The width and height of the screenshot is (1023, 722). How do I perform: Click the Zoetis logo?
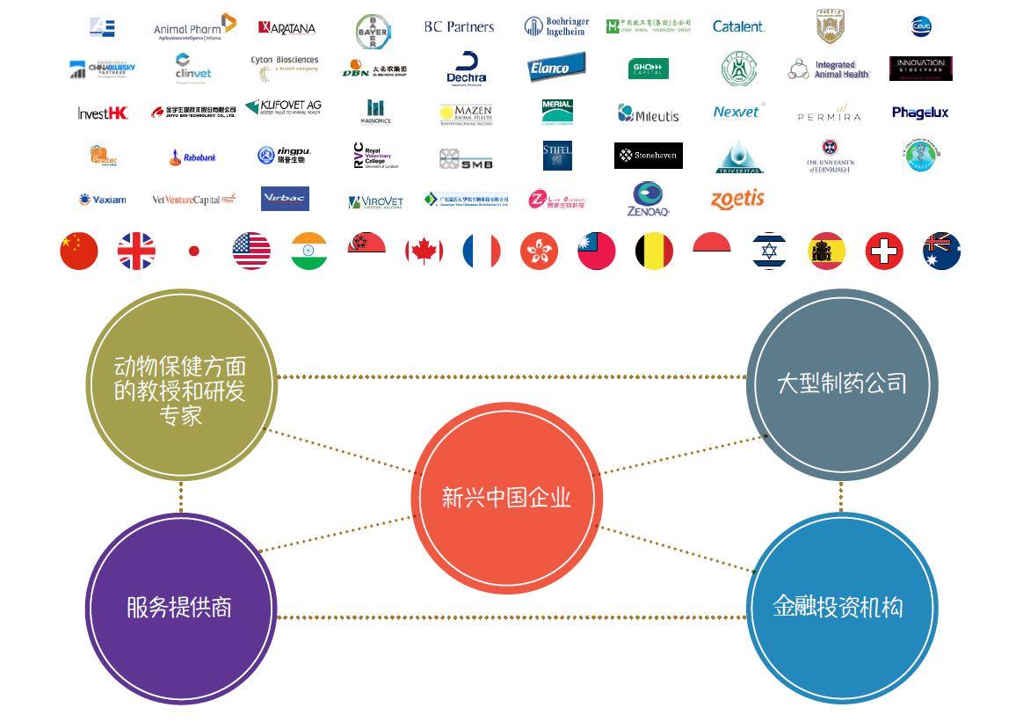[737, 200]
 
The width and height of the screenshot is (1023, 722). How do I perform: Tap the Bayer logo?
[373, 31]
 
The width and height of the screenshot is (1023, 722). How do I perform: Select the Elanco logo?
[556, 68]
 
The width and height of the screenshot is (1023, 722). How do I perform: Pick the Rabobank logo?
[192, 157]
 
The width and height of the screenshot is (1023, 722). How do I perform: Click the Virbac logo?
[285, 199]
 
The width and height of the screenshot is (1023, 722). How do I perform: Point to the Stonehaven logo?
[648, 156]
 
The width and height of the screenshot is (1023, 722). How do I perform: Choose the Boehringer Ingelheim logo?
[556, 26]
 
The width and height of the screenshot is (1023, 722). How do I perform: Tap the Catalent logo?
[738, 27]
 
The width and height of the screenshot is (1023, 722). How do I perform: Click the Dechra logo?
[467, 69]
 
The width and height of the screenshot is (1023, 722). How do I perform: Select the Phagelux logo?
[920, 113]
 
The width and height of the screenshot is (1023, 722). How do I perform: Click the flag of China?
[79, 252]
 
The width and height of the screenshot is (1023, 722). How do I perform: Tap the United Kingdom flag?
[136, 252]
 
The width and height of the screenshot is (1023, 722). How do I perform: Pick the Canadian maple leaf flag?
[424, 252]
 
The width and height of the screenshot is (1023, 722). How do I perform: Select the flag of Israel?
[769, 252]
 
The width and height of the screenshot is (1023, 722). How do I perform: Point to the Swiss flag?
[884, 252]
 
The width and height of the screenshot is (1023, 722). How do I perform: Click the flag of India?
[308, 252]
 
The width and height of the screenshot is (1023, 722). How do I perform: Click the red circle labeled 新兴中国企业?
[506, 498]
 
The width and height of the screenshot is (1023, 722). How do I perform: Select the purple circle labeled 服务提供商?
[180, 608]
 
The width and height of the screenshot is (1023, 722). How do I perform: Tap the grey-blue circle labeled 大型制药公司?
[841, 383]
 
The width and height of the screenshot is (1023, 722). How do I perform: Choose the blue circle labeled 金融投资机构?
[841, 608]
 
